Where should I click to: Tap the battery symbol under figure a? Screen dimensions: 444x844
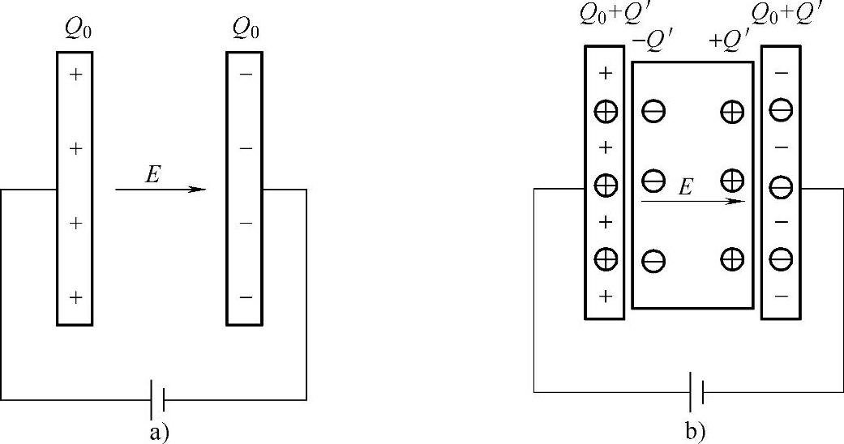tap(157, 399)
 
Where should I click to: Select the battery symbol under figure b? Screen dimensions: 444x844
tap(696, 393)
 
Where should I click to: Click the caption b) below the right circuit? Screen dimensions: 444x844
tap(696, 432)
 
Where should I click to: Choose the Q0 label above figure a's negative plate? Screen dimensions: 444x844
tap(246, 29)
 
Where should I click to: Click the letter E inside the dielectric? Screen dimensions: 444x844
tap(685, 187)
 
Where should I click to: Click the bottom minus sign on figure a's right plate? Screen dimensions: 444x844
tap(246, 297)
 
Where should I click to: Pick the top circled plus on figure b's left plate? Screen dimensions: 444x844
tap(606, 111)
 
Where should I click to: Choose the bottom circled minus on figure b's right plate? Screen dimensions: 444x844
tap(781, 259)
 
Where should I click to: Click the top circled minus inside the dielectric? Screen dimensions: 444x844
tap(653, 111)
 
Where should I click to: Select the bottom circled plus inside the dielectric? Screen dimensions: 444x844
tap(732, 259)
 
